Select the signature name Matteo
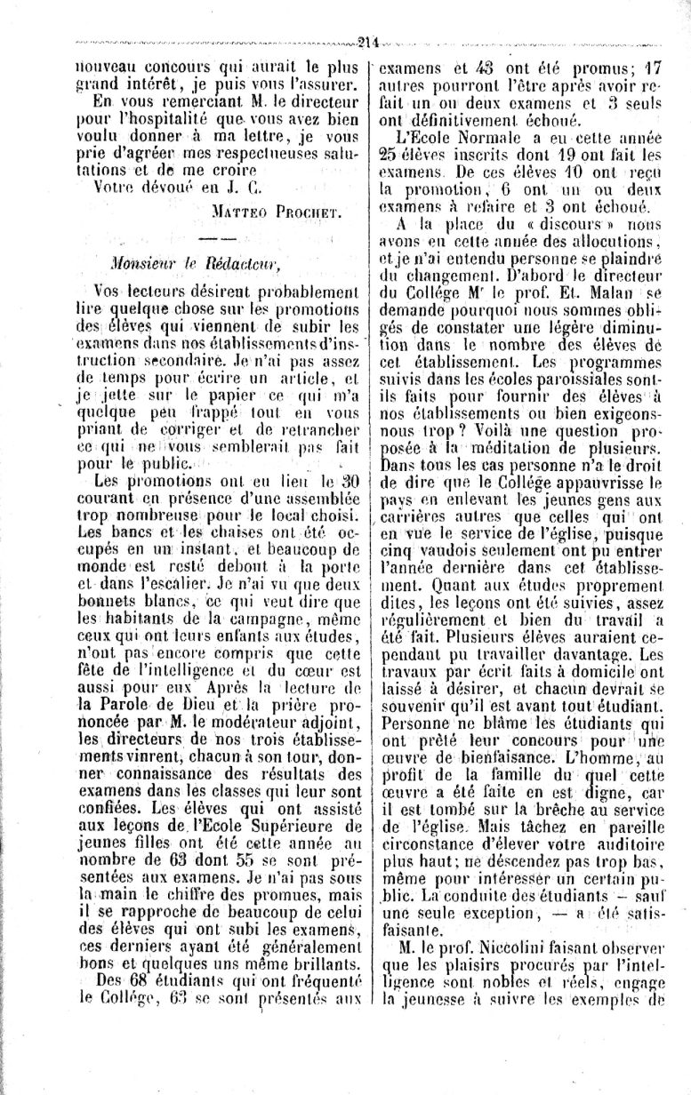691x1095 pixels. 241,212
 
